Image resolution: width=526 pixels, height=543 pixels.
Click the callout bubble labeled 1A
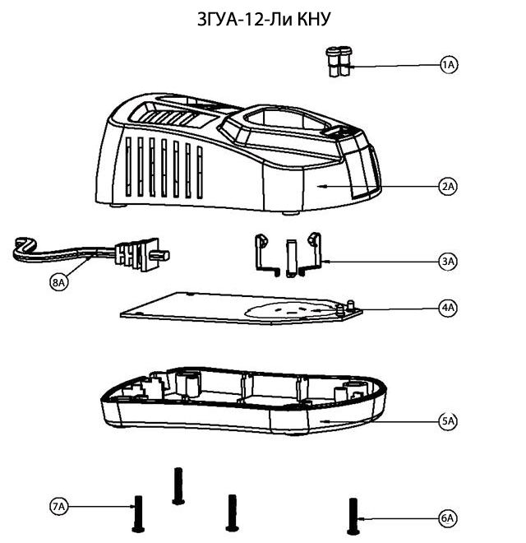(x=448, y=65)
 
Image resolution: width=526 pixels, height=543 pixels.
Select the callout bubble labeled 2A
(x=448, y=187)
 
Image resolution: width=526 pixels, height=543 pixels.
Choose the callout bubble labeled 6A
(x=448, y=518)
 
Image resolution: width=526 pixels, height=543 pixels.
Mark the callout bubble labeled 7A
(x=58, y=508)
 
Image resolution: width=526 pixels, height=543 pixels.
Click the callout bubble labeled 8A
(x=58, y=282)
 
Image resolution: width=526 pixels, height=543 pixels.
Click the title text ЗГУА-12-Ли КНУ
(x=263, y=18)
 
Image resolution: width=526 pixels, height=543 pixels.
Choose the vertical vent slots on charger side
(x=164, y=169)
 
